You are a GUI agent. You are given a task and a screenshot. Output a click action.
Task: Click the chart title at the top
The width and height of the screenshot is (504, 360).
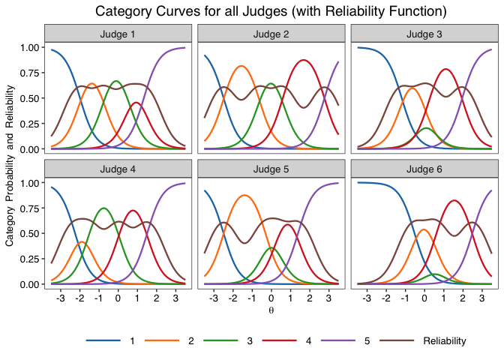[271, 11]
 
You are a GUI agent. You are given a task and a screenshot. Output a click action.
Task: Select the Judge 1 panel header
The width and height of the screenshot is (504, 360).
[118, 34]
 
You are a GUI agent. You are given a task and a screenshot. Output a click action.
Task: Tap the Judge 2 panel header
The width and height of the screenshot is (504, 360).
[271, 34]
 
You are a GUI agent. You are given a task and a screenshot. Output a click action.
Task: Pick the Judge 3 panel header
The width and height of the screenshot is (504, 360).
[424, 34]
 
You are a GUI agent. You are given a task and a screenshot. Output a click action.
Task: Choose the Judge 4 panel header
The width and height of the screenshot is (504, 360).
[118, 169]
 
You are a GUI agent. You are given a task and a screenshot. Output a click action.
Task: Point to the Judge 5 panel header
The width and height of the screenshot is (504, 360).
[271, 169]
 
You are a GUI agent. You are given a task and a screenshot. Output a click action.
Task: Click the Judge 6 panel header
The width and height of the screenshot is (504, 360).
[424, 169]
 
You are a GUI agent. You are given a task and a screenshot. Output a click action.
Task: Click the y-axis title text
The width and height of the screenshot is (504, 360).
[10, 165]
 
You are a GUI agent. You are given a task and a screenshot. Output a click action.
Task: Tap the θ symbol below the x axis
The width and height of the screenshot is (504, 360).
[271, 310]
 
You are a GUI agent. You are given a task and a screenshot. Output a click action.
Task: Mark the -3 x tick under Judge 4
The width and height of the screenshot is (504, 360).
[61, 298]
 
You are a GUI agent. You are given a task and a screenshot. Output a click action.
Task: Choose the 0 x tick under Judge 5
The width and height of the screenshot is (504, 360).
[271, 298]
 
